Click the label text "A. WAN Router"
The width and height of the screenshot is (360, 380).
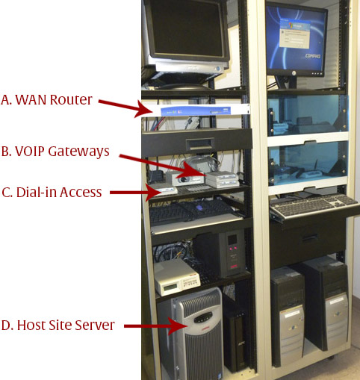pyautogui.click(x=46, y=100)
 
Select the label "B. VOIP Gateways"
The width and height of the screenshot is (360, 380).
pyautogui.click(x=55, y=152)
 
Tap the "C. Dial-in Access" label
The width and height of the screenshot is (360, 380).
pyautogui.click(x=52, y=193)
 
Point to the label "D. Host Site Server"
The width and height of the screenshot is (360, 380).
pyautogui.click(x=58, y=326)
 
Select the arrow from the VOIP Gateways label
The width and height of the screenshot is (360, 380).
pyautogui.click(x=162, y=166)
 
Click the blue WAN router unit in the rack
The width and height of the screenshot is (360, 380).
pyautogui.click(x=196, y=110)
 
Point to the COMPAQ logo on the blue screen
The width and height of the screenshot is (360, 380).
pyautogui.click(x=313, y=56)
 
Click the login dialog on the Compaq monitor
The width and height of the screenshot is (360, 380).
pyautogui.click(x=295, y=34)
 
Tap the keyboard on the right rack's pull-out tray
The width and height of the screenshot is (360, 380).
pyautogui.click(x=314, y=206)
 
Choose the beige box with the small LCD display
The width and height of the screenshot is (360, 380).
pyautogui.click(x=176, y=277)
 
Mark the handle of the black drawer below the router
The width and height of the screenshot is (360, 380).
pyautogui.click(x=200, y=144)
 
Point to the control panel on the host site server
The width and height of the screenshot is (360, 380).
pyautogui.click(x=203, y=317)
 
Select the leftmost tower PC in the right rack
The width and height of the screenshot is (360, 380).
pyautogui.click(x=288, y=315)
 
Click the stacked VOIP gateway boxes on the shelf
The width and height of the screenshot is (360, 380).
pyautogui.click(x=222, y=179)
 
